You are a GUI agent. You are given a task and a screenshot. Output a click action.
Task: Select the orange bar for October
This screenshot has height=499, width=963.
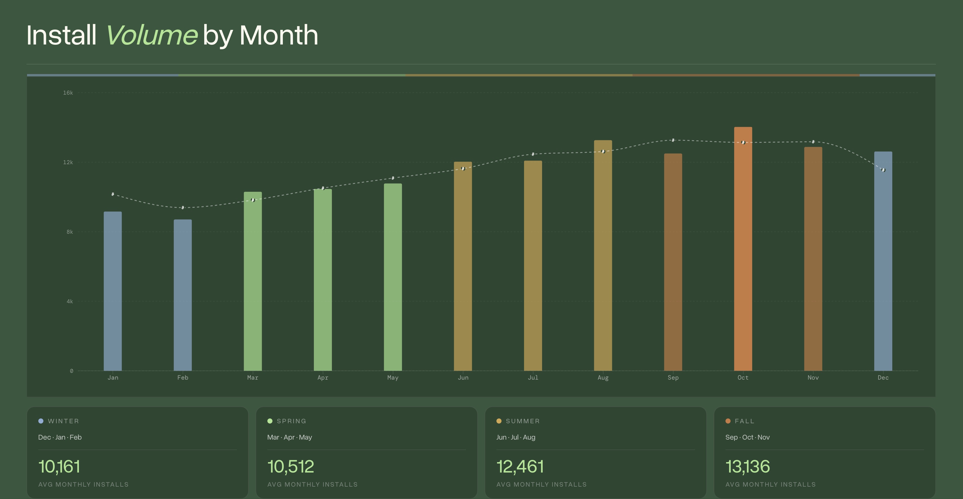pyautogui.click(x=743, y=249)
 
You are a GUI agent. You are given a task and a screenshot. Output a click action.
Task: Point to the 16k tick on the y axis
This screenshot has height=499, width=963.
pyautogui.click(x=68, y=93)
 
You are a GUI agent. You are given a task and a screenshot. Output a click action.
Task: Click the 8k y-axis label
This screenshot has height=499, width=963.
pyautogui.click(x=70, y=232)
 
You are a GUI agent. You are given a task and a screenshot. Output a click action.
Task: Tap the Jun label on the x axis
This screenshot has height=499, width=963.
pyautogui.click(x=463, y=378)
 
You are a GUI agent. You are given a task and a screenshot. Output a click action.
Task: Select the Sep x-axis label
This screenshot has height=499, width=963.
pyautogui.click(x=673, y=378)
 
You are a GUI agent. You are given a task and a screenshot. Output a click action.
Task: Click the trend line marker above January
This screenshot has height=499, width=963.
pyautogui.click(x=112, y=194)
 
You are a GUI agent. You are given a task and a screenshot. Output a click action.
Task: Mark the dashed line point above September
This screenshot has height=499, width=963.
pyautogui.click(x=673, y=140)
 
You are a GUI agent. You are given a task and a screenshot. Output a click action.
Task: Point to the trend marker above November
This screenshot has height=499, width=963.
pyautogui.click(x=813, y=142)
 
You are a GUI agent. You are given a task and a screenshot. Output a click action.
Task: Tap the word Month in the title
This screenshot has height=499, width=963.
pyautogui.click(x=279, y=35)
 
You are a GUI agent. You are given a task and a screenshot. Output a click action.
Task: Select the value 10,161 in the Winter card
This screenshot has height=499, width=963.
pyautogui.click(x=59, y=467)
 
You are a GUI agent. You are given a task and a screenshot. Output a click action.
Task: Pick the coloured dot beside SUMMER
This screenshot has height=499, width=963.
pyautogui.click(x=499, y=421)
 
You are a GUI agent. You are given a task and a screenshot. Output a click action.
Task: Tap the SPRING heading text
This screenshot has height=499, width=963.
pyautogui.click(x=291, y=421)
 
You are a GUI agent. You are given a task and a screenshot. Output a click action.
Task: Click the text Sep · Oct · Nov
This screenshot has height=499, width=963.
pyautogui.click(x=747, y=437)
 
